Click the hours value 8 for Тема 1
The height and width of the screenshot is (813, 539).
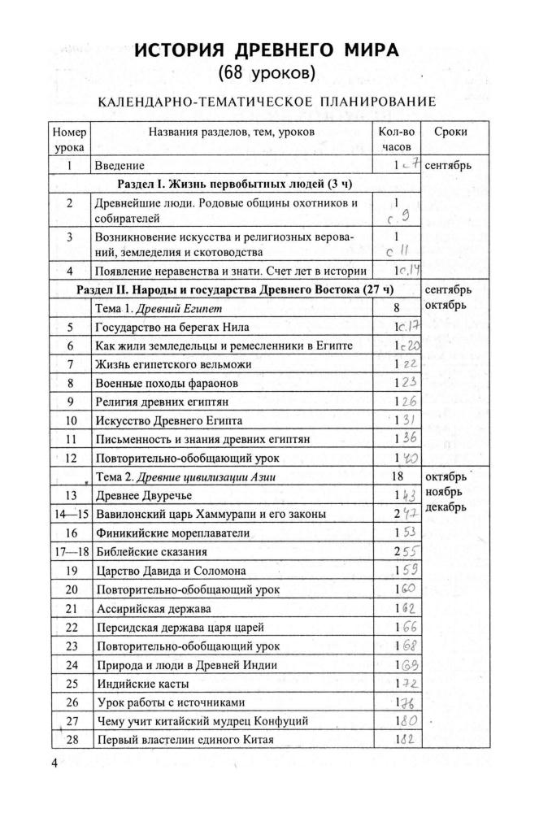pyautogui.click(x=398, y=308)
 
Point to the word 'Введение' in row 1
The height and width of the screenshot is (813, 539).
pyautogui.click(x=120, y=166)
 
